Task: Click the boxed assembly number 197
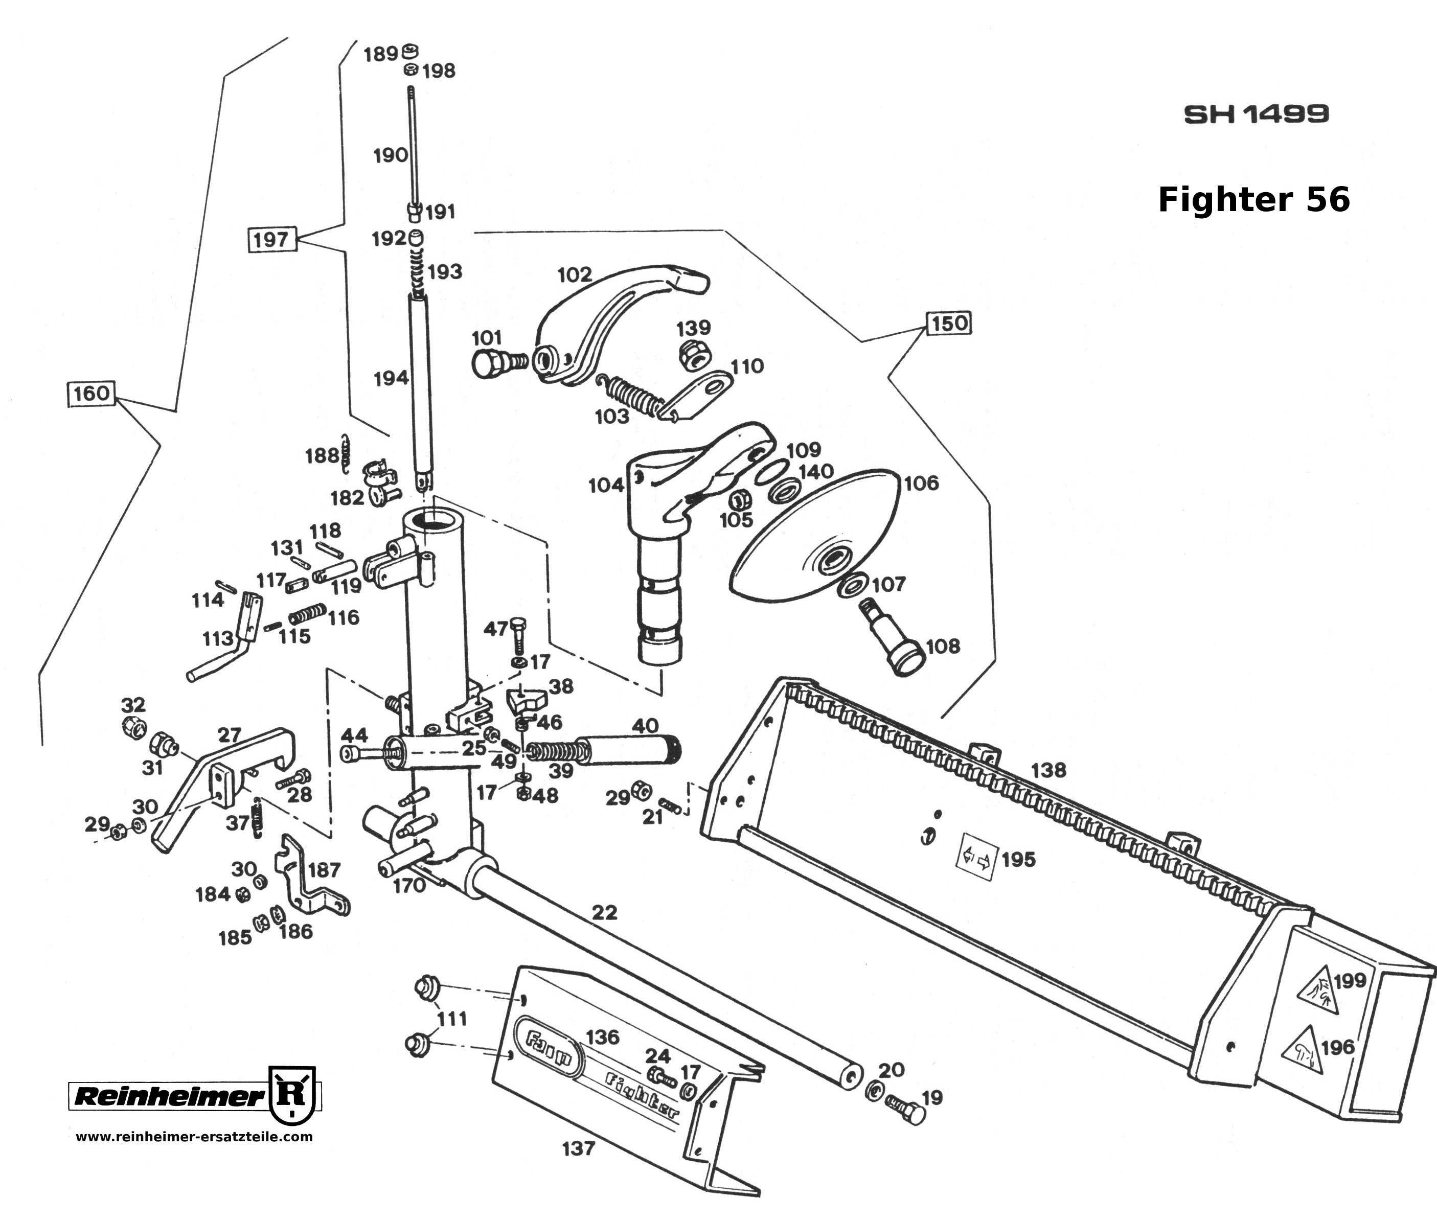pyautogui.click(x=271, y=240)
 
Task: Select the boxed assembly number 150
pyautogui.click(x=949, y=323)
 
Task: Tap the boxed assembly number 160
pyautogui.click(x=92, y=393)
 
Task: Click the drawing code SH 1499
pyautogui.click(x=1256, y=114)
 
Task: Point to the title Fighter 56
pyautogui.click(x=1253, y=200)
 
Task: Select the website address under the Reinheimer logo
pyautogui.click(x=194, y=1137)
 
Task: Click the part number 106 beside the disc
pyautogui.click(x=921, y=482)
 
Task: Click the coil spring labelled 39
pyautogui.click(x=554, y=751)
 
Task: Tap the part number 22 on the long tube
pyautogui.click(x=604, y=912)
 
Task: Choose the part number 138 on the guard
pyautogui.click(x=1048, y=770)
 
